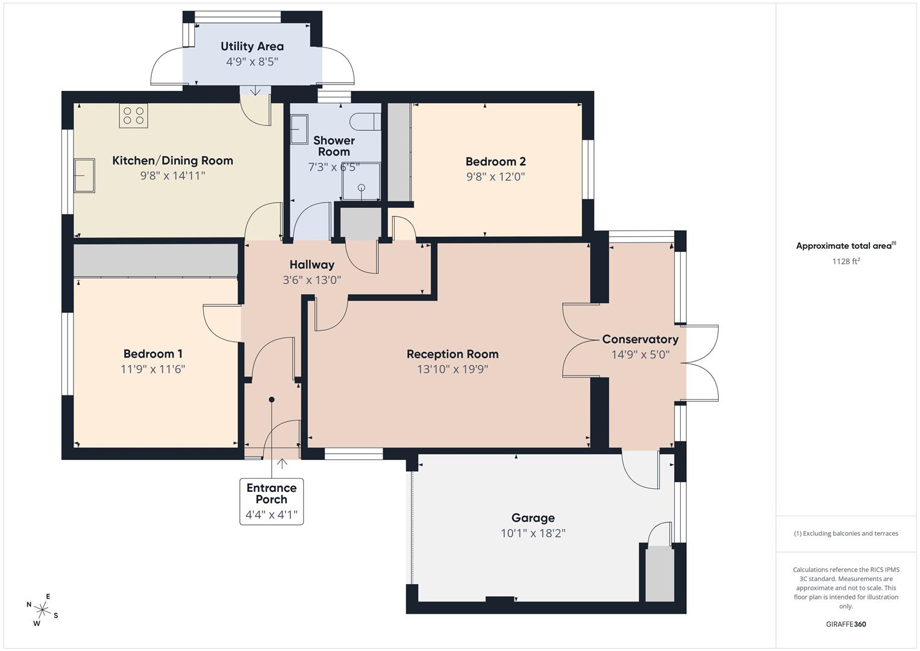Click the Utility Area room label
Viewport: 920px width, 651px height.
pyautogui.click(x=252, y=46)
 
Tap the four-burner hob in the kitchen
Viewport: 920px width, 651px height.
pyautogui.click(x=133, y=116)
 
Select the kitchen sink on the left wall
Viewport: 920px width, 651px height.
pyautogui.click(x=84, y=175)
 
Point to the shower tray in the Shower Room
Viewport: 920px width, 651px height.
pyautogui.click(x=361, y=181)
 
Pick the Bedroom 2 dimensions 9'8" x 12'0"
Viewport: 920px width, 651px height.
pyautogui.click(x=495, y=177)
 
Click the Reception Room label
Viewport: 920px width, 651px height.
pyautogui.click(x=452, y=354)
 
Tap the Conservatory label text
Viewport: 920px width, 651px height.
pyautogui.click(x=640, y=339)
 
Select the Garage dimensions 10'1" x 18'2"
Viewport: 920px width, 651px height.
pyautogui.click(x=533, y=533)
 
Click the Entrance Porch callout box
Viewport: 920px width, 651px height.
pyautogui.click(x=271, y=501)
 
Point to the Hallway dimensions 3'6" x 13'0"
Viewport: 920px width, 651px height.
pyautogui.click(x=311, y=280)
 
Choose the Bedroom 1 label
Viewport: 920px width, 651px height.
pyautogui.click(x=152, y=354)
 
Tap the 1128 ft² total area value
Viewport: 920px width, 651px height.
pyautogui.click(x=845, y=261)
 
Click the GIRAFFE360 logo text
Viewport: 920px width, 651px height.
pyautogui.click(x=845, y=624)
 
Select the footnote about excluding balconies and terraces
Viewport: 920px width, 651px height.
pyautogui.click(x=845, y=533)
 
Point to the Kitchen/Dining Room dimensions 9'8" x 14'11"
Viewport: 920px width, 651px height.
pyautogui.click(x=172, y=175)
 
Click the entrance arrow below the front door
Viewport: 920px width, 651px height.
pyautogui.click(x=281, y=464)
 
